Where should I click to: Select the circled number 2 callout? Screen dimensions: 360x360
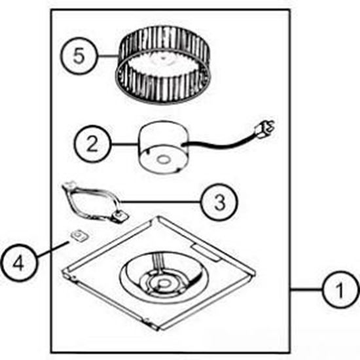pos(92,144)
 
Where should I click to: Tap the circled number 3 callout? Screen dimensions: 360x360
pos(219,202)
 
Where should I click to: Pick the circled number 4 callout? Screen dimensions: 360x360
pos(18,263)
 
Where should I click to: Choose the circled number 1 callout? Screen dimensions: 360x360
pos(340,289)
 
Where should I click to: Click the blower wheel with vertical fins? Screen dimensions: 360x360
pos(163,65)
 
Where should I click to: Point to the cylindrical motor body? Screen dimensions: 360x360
pos(163,147)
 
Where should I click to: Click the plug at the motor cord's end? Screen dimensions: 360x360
pos(265,129)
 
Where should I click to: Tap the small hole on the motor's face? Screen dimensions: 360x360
pos(164,160)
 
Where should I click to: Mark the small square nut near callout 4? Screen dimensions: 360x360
pos(80,236)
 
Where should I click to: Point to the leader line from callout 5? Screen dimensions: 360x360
pos(107,56)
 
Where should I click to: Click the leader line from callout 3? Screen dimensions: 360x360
pos(160,202)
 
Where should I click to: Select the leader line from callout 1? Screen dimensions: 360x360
pos(306,289)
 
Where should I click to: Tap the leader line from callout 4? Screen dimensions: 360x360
pos(52,249)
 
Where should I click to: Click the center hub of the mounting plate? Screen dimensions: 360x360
pos(163,283)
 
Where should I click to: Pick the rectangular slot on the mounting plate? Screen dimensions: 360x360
pos(206,253)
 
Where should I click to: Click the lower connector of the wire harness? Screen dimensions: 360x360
pos(120,217)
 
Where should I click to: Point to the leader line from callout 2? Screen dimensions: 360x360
pos(124,144)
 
